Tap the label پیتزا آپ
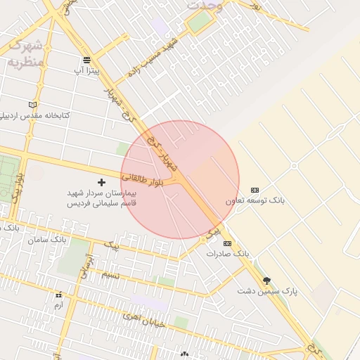(x=89, y=71)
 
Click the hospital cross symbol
(x=101, y=182)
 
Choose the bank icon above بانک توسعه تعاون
(x=255, y=190)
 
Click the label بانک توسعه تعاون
(x=255, y=201)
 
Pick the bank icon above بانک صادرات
(x=226, y=243)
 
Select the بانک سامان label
(x=47, y=240)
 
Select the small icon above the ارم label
(x=58, y=295)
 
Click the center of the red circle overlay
(x=180, y=179)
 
